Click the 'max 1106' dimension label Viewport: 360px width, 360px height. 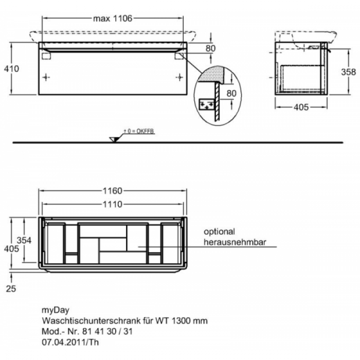point(113,19)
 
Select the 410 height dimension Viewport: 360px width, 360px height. point(11,68)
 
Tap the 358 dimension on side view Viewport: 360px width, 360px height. point(348,72)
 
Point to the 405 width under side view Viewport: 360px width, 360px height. point(301,107)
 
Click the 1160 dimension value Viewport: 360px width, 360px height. point(113,191)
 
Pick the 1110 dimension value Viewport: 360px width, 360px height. point(113,204)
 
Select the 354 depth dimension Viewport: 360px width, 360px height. point(24,240)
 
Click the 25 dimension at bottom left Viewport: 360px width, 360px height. point(11,289)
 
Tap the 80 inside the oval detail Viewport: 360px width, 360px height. point(231,94)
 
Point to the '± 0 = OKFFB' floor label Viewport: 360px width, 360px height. point(139,131)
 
